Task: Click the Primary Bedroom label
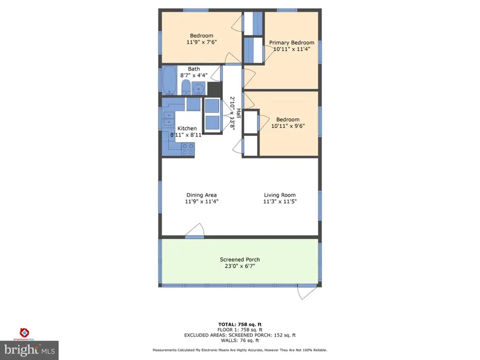coord(291,43)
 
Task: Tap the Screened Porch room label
coord(240,260)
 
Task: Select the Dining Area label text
coord(202,195)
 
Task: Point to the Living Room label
coord(279,195)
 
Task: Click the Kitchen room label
coord(187,129)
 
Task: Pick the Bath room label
coord(194,69)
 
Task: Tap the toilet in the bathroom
coord(186,87)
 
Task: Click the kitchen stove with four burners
coord(188,149)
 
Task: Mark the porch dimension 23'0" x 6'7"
coord(240,266)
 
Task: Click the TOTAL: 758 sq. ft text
coord(240,324)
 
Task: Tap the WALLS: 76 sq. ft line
coord(240,340)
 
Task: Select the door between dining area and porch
coord(195,230)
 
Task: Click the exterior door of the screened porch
coord(307,292)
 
